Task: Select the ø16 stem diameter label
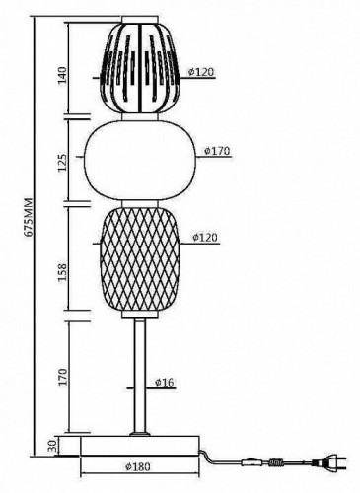(x=165, y=383)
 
